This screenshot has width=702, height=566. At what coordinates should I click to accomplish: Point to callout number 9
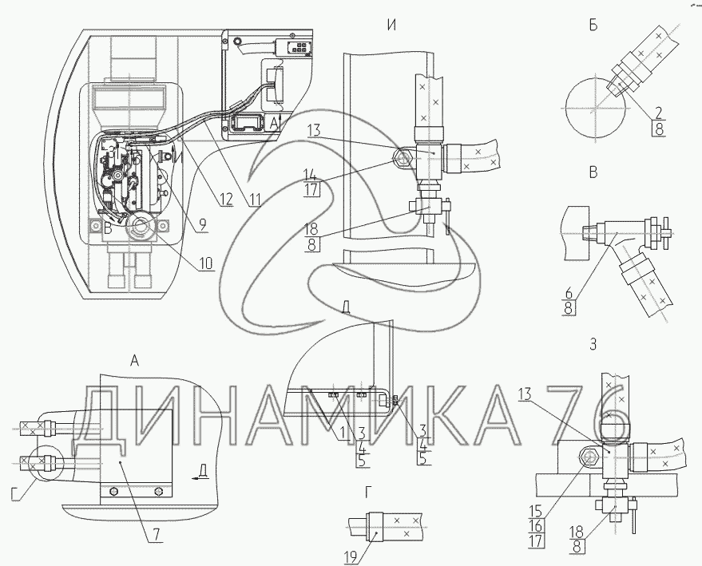pyautogui.click(x=203, y=226)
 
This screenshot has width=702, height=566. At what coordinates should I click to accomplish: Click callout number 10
pyautogui.click(x=206, y=262)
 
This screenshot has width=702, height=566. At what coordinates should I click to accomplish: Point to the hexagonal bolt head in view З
pyautogui.click(x=592, y=458)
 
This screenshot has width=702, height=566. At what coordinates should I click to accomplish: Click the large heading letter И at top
pyautogui.click(x=391, y=25)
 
